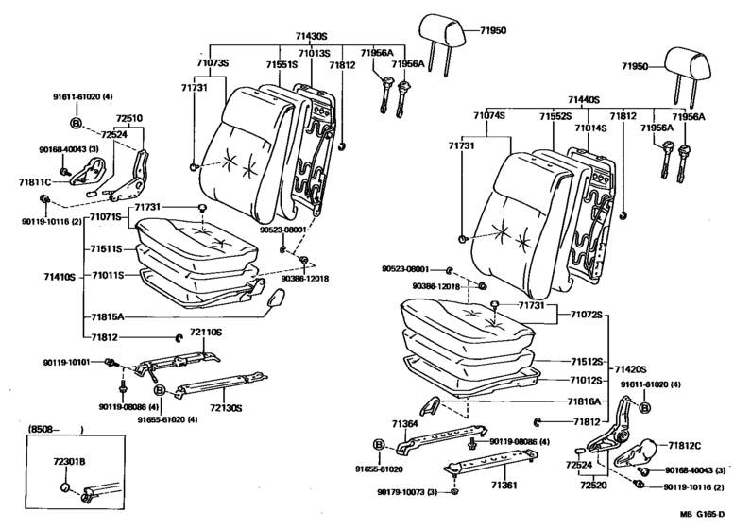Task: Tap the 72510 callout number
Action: point(129,119)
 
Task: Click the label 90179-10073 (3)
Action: point(405,493)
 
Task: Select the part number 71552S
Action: point(556,115)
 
